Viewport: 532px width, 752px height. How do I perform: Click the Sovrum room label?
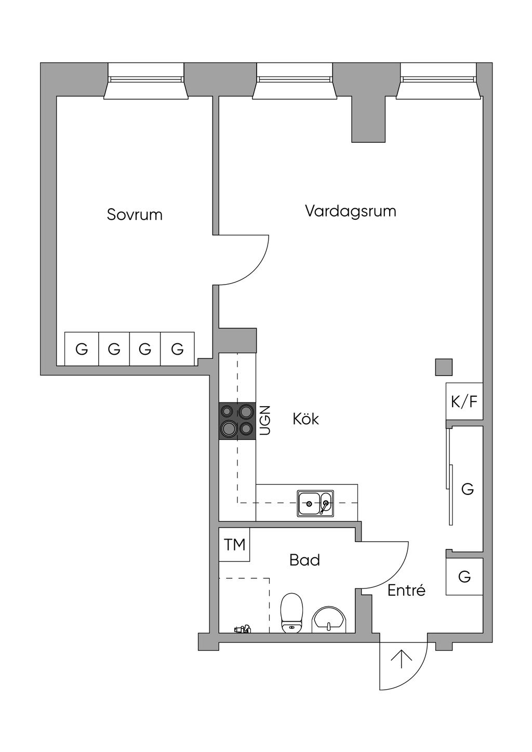(135, 214)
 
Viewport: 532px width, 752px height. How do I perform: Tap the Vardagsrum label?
(350, 211)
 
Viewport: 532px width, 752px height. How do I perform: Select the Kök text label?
(305, 419)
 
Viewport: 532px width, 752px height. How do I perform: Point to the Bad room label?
(304, 560)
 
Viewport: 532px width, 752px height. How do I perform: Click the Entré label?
(406, 590)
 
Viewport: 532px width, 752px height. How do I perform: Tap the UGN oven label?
(265, 420)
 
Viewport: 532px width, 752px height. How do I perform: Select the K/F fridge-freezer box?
(464, 401)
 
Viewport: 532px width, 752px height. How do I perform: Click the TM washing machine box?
(234, 545)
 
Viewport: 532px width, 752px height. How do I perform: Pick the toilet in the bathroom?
(291, 613)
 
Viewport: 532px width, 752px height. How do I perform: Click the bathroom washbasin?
(328, 620)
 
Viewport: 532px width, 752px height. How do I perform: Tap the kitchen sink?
(315, 503)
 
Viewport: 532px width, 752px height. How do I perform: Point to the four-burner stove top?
(237, 421)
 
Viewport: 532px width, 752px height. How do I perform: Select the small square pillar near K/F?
(444, 367)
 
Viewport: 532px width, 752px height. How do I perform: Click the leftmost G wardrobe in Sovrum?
(82, 349)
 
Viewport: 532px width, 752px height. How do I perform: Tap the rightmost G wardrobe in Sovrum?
(177, 349)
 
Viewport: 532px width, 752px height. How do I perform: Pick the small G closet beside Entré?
(464, 576)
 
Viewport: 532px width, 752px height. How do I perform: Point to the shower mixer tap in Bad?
(242, 629)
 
